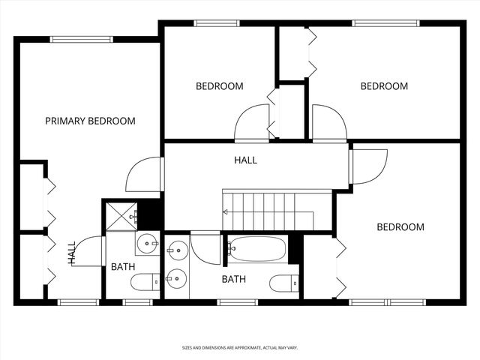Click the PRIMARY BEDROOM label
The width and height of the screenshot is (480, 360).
90,121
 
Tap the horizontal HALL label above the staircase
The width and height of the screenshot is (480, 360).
245,160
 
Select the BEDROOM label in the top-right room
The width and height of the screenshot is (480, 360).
384,86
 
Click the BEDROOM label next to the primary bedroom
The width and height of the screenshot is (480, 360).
219,86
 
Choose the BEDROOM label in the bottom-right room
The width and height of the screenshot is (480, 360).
400,227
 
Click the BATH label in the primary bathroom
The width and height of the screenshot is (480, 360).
123,267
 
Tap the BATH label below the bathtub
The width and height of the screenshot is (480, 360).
233,280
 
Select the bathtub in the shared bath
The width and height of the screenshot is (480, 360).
257,248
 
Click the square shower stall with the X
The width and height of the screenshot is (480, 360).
120,215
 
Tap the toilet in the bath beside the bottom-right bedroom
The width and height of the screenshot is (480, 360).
283,283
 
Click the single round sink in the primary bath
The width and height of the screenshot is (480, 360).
147,243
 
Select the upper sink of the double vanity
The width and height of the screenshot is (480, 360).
177,249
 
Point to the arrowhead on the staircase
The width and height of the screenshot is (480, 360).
225,212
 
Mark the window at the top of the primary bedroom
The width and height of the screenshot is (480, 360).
81,39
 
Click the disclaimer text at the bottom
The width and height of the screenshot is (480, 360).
239,347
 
